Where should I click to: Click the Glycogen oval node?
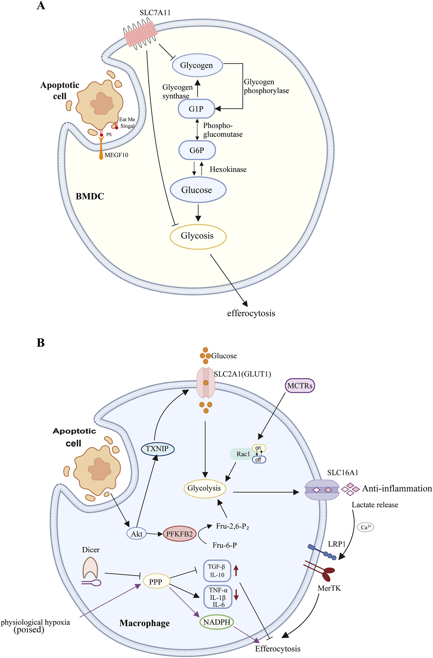pos(197,65)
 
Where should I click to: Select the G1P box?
pos(196,109)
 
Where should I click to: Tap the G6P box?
pos(197,150)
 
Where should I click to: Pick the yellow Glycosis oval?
pos(198,236)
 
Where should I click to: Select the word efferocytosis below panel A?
pos(251,313)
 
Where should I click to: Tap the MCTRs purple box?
pos(300,385)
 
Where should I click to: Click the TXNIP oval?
pos(158,449)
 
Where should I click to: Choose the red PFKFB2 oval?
pos(179,534)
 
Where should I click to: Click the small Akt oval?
pos(136,534)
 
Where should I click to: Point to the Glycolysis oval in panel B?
pos(204,488)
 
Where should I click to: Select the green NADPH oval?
pos(217,622)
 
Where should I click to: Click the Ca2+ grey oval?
pos(365,527)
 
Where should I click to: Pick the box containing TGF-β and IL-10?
pos(217,571)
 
